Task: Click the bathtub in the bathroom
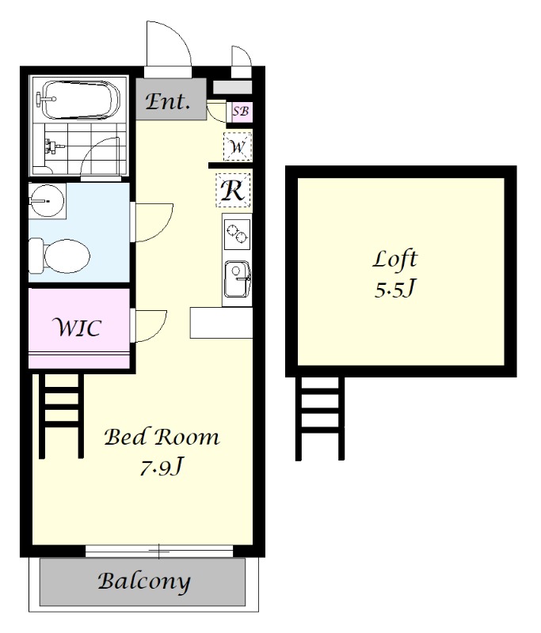[81, 100]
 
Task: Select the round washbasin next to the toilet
[47, 201]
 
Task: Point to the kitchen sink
[238, 279]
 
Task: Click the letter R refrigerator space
[233, 190]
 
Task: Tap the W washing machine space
[238, 146]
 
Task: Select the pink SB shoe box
[242, 111]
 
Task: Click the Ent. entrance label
[167, 101]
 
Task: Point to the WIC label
[77, 328]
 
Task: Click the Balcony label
[144, 582]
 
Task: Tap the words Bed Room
[162, 438]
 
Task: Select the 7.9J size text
[162, 468]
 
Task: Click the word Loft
[394, 260]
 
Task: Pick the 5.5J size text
[394, 289]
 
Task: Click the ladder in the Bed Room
[62, 416]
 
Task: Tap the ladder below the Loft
[320, 419]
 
